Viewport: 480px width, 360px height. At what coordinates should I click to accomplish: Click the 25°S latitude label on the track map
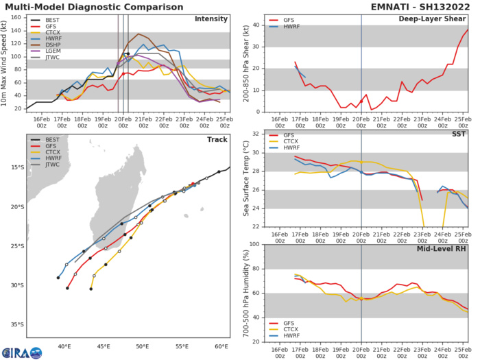point(16,246)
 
